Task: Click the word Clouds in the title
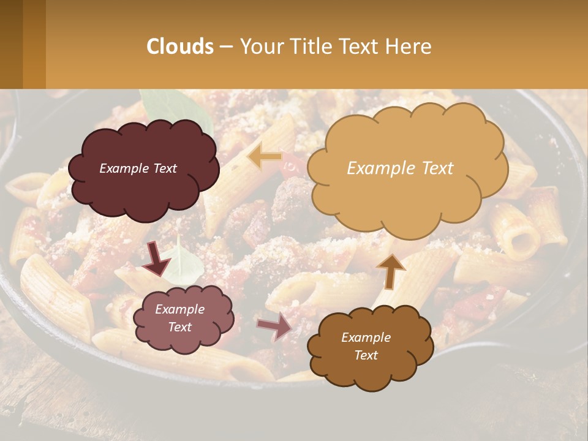180,47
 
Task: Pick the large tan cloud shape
407,168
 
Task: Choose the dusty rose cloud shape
183,318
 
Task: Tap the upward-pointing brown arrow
390,270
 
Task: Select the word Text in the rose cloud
180,327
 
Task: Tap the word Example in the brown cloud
366,337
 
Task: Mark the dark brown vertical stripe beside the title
11,44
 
